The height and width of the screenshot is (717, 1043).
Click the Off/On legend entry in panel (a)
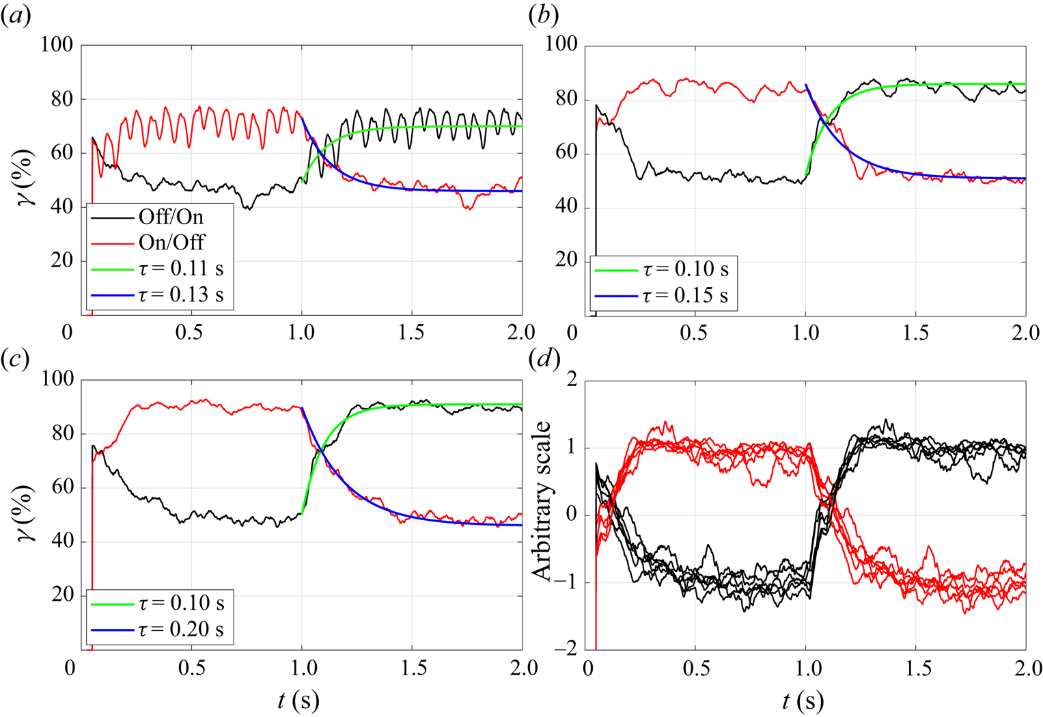pyautogui.click(x=171, y=217)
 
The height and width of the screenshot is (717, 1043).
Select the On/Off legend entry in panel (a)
pyautogui.click(x=171, y=243)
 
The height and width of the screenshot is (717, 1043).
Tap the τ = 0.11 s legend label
pyautogui.click(x=181, y=269)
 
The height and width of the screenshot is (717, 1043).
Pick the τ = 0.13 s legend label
pyautogui.click(x=181, y=295)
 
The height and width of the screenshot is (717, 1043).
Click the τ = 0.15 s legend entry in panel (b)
pyautogui.click(x=685, y=295)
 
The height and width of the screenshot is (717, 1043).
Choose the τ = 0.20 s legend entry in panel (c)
pyautogui.click(x=181, y=630)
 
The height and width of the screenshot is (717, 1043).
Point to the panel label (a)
pyautogui.click(x=16, y=16)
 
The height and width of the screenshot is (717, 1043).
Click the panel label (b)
pyautogui.click(x=544, y=16)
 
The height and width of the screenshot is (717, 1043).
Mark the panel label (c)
pyautogui.click(x=16, y=360)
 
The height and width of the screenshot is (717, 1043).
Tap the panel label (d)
pyautogui.click(x=544, y=360)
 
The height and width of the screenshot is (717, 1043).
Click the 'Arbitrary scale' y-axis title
pyautogui.click(x=541, y=501)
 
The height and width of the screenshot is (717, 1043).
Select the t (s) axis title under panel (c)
pyautogui.click(x=298, y=700)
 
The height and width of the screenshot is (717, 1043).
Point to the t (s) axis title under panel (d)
pyautogui.click(x=803, y=700)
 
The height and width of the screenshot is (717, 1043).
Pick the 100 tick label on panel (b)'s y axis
pyautogui.click(x=561, y=45)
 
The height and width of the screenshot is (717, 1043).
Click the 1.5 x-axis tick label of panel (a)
pyautogui.click(x=411, y=333)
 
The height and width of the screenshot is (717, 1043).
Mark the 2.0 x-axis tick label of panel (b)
pyautogui.click(x=1025, y=333)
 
